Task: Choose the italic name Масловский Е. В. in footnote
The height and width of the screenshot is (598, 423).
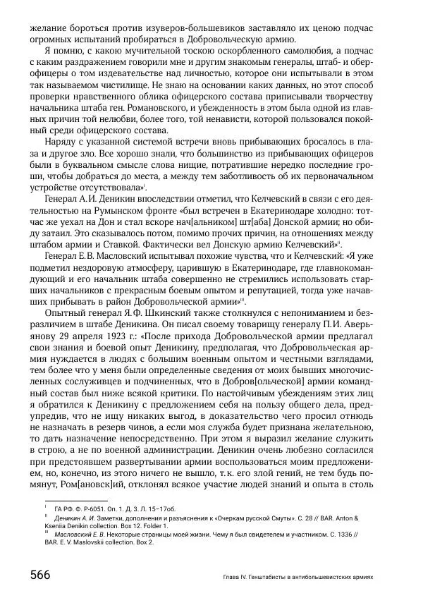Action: point(73,537)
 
